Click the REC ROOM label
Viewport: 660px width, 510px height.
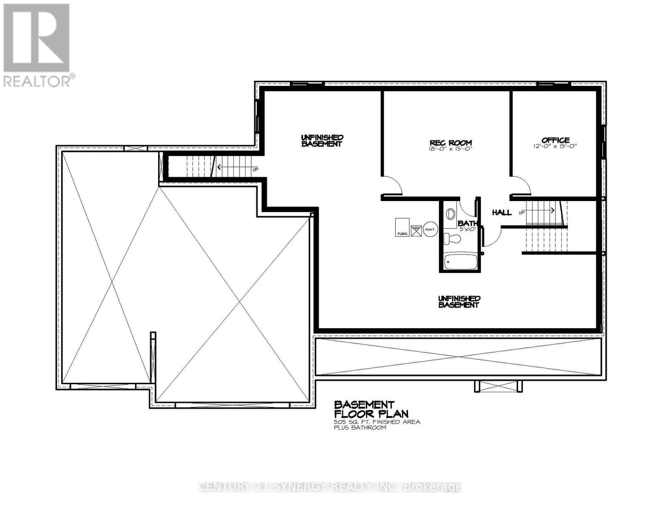point(450,143)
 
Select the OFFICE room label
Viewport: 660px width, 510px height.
point(555,140)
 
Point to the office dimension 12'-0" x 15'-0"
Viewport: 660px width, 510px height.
point(555,146)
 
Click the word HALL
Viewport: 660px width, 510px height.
point(501,212)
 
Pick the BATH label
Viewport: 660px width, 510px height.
point(467,223)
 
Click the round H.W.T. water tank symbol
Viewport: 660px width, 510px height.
point(430,230)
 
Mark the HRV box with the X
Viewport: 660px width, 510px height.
point(416,230)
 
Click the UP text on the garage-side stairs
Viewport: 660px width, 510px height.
point(255,170)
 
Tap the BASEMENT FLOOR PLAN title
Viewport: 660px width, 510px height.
point(371,409)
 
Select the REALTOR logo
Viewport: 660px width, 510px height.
point(37,45)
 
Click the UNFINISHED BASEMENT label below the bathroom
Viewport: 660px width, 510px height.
point(459,302)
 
